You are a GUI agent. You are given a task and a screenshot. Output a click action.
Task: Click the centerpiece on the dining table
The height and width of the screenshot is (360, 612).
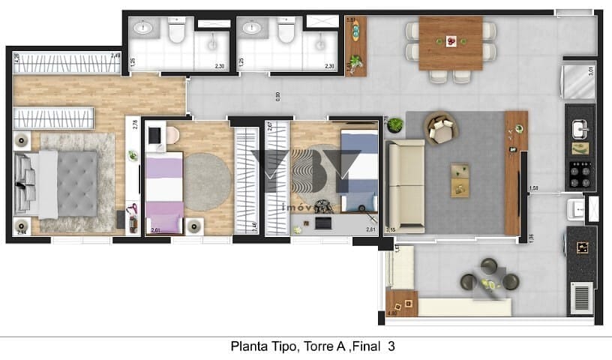point(451,40)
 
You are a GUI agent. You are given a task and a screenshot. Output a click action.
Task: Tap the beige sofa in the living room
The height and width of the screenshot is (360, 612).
point(404,185)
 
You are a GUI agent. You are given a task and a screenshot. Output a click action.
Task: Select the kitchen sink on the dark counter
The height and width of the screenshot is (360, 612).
point(579,130)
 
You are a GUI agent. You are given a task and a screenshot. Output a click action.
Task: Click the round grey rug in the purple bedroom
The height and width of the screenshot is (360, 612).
point(207,181)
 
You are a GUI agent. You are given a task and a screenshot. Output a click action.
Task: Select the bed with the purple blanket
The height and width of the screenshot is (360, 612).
point(164,194)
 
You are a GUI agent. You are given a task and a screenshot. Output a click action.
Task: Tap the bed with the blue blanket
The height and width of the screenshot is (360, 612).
point(358,172)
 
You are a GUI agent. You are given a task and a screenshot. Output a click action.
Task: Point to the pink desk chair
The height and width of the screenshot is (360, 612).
point(172,135)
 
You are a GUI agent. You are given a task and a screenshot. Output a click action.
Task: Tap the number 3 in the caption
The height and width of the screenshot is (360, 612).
point(391,347)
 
